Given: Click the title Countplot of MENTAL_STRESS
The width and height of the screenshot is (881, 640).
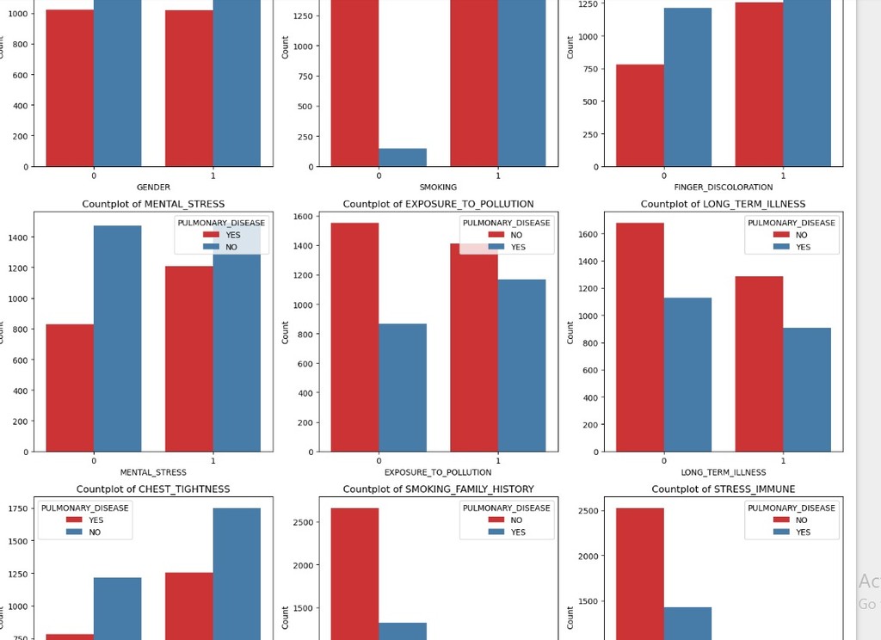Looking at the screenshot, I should click(153, 204).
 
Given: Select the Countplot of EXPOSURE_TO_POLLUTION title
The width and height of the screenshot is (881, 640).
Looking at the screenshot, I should click(438, 204).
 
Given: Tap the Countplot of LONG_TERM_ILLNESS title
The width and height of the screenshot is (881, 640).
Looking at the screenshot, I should click(723, 204).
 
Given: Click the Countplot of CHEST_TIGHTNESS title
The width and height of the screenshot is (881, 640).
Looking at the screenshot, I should click(153, 489).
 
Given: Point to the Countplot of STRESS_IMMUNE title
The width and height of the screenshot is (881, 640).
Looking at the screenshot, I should click(723, 489).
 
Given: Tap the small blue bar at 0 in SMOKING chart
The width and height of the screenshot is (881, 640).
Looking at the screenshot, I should click(403, 157).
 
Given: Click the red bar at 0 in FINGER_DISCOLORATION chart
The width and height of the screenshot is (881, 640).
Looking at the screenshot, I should click(640, 115).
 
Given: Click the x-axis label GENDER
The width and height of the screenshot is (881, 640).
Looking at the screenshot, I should click(153, 187).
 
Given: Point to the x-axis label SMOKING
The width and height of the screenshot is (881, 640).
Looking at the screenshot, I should click(438, 187).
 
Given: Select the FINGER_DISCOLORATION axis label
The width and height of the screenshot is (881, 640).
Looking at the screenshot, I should click(723, 187).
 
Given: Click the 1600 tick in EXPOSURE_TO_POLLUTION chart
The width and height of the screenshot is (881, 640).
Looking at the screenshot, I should click(299, 217).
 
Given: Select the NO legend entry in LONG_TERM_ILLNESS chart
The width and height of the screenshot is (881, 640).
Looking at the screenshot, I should click(801, 235).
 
